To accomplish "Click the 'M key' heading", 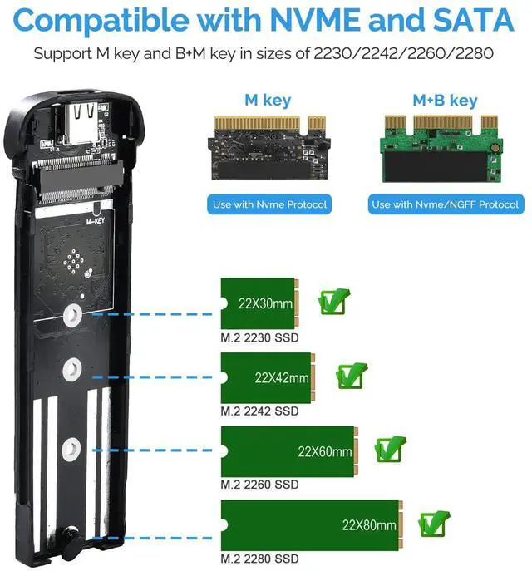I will click(x=267, y=101).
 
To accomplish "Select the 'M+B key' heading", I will click(x=445, y=101).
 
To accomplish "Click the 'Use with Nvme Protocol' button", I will click(x=270, y=204).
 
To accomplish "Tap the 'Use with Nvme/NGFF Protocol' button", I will click(x=446, y=204).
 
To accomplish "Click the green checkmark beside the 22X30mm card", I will click(x=333, y=301).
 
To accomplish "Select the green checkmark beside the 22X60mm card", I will click(x=389, y=449).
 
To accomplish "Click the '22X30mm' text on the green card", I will click(x=265, y=304).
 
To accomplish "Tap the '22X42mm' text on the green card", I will click(x=282, y=378).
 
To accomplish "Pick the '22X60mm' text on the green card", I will click(x=324, y=453).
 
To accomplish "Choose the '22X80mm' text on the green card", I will click(x=369, y=525).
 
